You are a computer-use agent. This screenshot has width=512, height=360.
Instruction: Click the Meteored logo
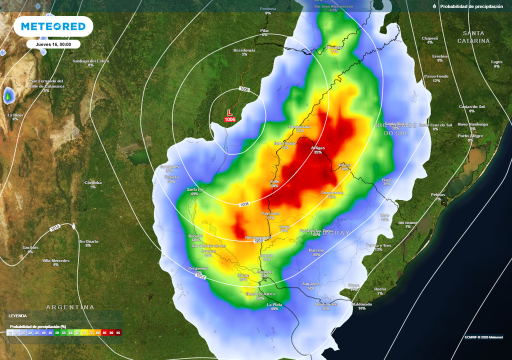click(x=53, y=26)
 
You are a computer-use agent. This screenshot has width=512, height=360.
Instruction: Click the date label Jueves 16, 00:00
click(x=53, y=44)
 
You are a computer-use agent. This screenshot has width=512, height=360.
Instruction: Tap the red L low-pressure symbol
click(x=229, y=113)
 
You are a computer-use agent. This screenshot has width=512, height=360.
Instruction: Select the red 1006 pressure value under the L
click(x=229, y=119)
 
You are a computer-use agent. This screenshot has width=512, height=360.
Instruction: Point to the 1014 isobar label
click(x=54, y=227)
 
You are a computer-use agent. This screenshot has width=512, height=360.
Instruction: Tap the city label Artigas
click(x=318, y=148)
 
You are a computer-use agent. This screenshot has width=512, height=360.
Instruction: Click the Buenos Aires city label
click(x=260, y=294)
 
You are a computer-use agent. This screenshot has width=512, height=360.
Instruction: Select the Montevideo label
click(x=326, y=304)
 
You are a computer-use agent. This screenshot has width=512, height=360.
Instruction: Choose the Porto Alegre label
click(x=470, y=136)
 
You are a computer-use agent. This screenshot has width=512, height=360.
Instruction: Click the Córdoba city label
click(x=93, y=182)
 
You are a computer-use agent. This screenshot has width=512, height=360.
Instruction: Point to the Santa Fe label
click(x=194, y=189)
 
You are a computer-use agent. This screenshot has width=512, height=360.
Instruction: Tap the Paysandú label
click(x=270, y=213)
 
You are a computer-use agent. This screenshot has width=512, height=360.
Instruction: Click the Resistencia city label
click(x=244, y=50)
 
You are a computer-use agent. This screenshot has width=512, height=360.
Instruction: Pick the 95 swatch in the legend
click(x=118, y=332)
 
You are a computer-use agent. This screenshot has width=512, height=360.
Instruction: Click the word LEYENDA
click(x=17, y=315)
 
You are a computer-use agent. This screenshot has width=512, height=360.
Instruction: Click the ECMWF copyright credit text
click(x=483, y=336)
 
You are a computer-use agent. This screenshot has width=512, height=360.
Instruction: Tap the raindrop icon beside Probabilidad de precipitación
click(x=434, y=6)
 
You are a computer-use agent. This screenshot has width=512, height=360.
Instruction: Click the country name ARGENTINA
click(x=70, y=306)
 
